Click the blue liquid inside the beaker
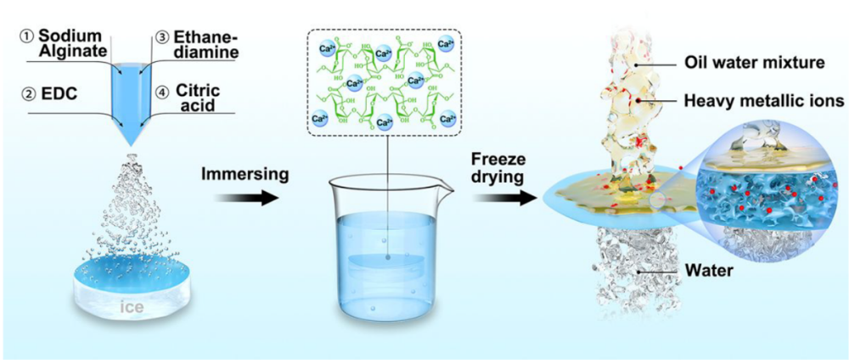(386, 263)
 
